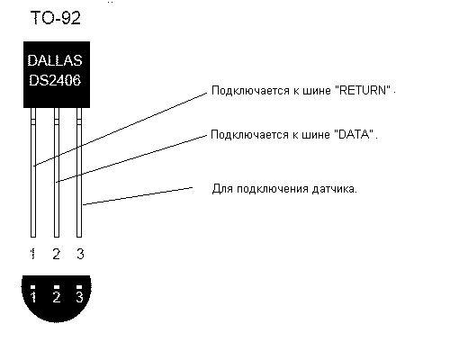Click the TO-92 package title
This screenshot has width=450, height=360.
click(x=56, y=18)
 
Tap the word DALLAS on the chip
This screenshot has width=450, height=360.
click(x=55, y=60)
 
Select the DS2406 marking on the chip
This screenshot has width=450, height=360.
click(x=55, y=80)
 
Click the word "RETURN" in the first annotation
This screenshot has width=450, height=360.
click(x=363, y=90)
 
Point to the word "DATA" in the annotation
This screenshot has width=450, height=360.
click(x=354, y=134)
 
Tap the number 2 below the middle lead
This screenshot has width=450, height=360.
click(x=57, y=254)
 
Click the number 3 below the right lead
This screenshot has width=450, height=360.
click(x=80, y=254)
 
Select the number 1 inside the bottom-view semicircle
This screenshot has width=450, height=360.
click(x=33, y=297)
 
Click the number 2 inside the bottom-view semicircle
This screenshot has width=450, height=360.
click(x=57, y=297)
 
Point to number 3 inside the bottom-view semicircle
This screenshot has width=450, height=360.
click(x=79, y=297)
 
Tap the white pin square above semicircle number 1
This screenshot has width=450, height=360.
click(x=33, y=287)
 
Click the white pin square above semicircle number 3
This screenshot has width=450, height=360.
click(x=79, y=287)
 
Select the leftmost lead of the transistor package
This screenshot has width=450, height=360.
click(x=33, y=173)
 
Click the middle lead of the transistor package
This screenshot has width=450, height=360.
click(x=57, y=173)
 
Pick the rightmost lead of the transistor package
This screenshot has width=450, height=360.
click(x=79, y=173)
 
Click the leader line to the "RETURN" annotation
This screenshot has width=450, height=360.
click(x=120, y=130)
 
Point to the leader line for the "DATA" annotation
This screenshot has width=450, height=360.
click(x=131, y=158)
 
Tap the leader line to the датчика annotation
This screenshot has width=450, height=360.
click(x=138, y=196)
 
